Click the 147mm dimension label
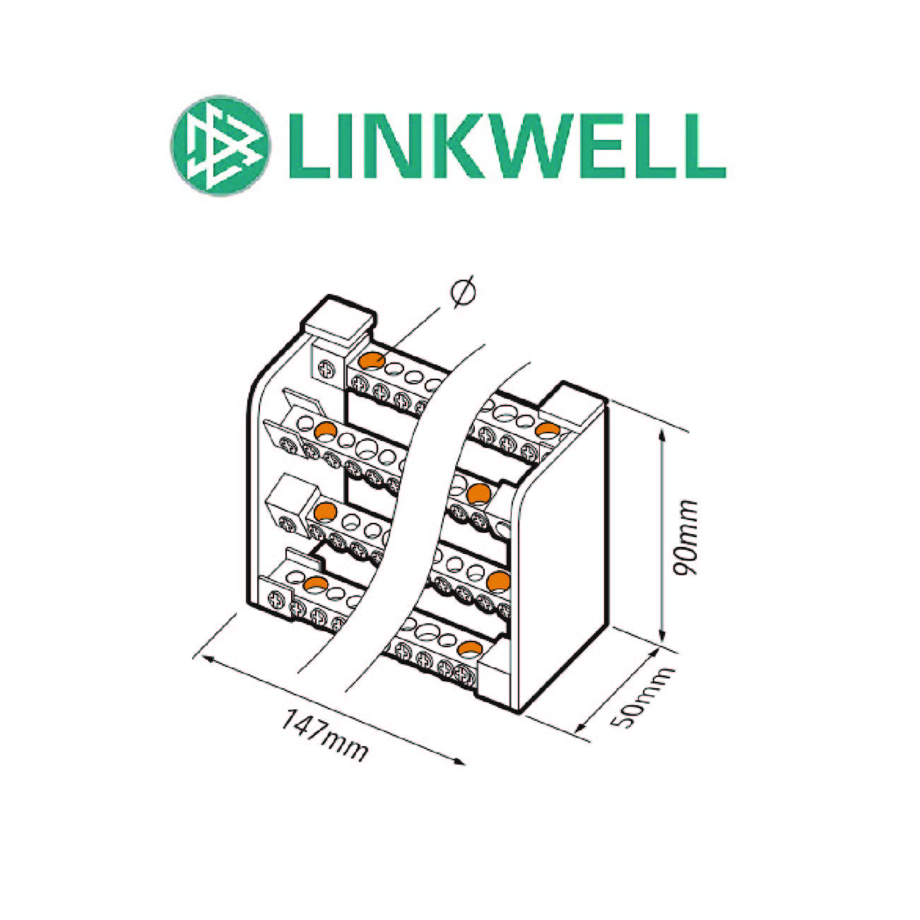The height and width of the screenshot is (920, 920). click(x=325, y=735)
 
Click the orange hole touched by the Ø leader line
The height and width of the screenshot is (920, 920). click(x=372, y=360)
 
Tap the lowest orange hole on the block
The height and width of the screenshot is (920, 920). click(x=468, y=648)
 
